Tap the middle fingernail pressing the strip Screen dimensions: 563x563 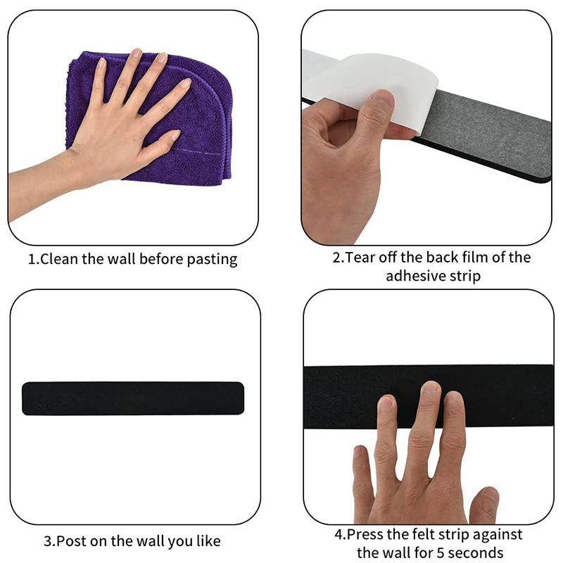click(430, 389)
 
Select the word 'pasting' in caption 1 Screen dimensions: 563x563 click(213, 260)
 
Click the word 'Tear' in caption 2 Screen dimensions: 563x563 click(361, 258)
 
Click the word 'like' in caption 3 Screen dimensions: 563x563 click(207, 541)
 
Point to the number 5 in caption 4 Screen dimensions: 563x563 click(443, 553)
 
